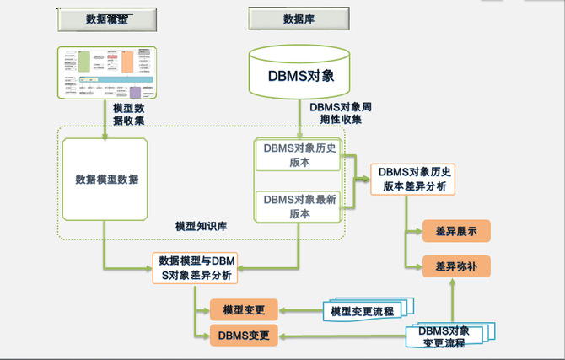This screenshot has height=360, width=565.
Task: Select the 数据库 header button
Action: (x=299, y=19)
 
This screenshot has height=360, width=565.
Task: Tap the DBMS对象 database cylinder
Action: (x=299, y=74)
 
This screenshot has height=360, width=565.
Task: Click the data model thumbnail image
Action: (x=106, y=74)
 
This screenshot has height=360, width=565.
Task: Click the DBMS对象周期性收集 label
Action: (x=341, y=113)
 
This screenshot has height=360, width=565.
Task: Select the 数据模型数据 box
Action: (x=105, y=180)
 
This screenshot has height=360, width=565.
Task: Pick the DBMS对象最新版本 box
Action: (x=299, y=207)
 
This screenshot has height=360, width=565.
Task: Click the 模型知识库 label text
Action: (x=202, y=227)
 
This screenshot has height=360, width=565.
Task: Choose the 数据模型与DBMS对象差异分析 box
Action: (x=196, y=267)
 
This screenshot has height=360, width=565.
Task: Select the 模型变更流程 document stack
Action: (x=362, y=311)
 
